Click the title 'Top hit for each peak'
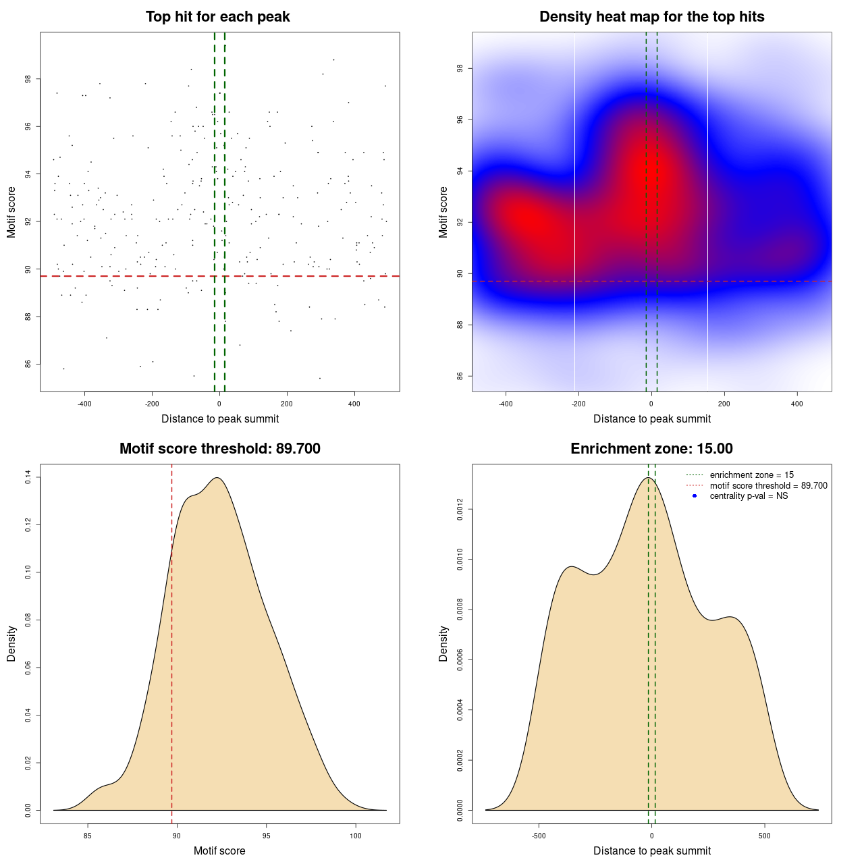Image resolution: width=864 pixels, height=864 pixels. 218,17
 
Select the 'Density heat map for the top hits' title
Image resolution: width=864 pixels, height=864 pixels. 652,17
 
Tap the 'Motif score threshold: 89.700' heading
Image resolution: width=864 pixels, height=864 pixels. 220,449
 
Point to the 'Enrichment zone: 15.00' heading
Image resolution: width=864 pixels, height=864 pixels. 652,449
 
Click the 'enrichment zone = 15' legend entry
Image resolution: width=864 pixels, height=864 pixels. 751,475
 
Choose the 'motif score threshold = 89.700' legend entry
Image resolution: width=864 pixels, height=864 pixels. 768,486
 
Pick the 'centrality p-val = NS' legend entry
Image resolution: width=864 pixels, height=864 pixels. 749,496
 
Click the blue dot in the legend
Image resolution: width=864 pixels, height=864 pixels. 695,496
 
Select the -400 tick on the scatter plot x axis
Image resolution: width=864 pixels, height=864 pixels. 84,404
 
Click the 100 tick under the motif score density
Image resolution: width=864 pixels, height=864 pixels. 356,836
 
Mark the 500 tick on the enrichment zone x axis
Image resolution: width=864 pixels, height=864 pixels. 765,836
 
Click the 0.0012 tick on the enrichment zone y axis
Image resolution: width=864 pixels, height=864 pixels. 460,510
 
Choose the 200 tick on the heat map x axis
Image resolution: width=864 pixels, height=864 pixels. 724,404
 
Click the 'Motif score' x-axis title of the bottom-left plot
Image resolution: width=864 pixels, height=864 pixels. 219,850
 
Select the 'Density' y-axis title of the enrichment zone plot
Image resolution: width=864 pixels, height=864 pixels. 443,643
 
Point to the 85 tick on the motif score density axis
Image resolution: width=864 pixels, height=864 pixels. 87,836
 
